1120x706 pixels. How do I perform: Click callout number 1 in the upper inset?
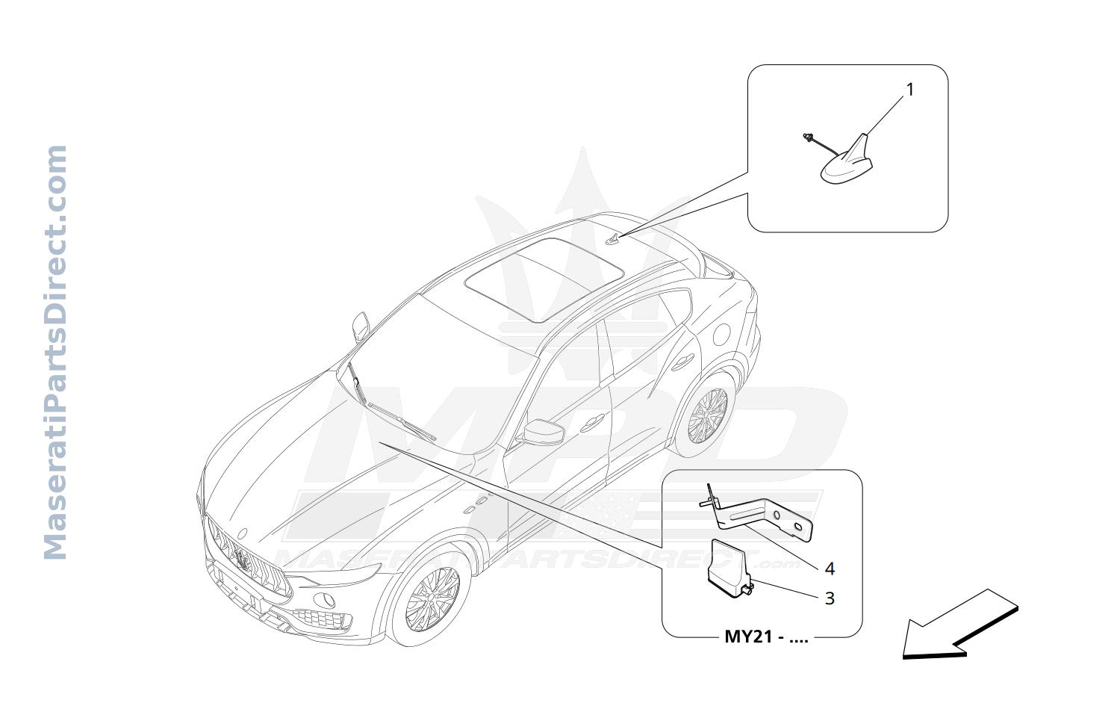(910, 90)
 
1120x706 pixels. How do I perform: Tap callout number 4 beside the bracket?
(830, 569)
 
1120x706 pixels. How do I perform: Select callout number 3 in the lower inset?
(830, 598)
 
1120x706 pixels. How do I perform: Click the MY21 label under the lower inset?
(766, 637)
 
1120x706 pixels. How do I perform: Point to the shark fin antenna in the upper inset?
(847, 161)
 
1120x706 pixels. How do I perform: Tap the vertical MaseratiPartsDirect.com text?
(55, 352)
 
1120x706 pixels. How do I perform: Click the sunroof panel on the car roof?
(544, 279)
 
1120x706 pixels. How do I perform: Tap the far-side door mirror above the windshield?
(361, 326)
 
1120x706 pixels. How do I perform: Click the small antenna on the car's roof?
(612, 240)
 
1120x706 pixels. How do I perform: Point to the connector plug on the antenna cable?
(807, 137)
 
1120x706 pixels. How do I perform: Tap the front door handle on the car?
(592, 423)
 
